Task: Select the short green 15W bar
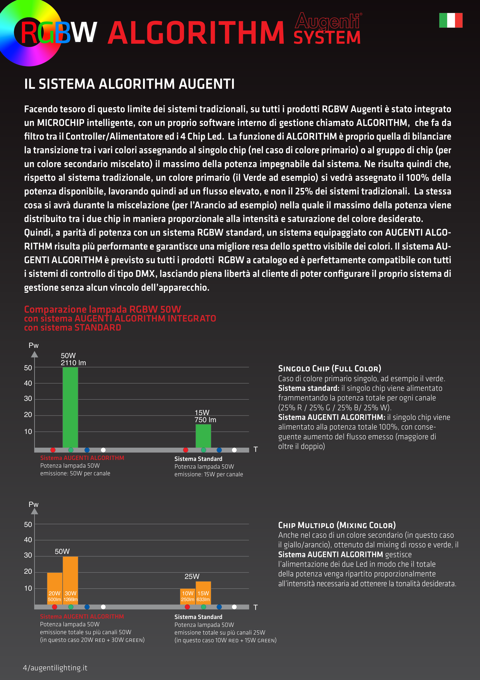pyautogui.click(x=203, y=436)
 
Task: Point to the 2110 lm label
pyautogui.click(x=73, y=363)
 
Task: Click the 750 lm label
pyautogui.click(x=205, y=420)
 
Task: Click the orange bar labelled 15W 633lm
pyautogui.click(x=203, y=593)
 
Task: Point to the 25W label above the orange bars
pyautogui.click(x=192, y=576)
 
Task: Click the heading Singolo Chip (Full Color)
pyautogui.click(x=329, y=368)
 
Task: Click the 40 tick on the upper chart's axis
pyautogui.click(x=28, y=383)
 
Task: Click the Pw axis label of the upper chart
pyautogui.click(x=33, y=345)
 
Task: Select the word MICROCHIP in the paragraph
pyautogui.click(x=61, y=123)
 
